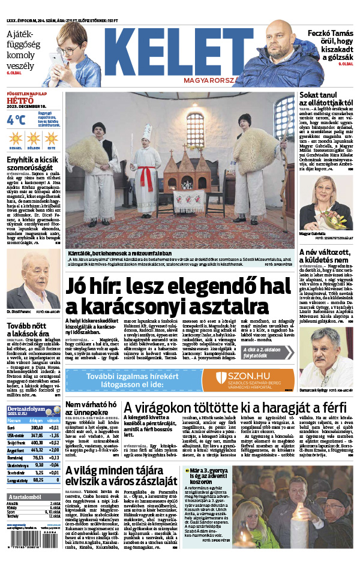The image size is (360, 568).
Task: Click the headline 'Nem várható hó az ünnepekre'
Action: point(90,408)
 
